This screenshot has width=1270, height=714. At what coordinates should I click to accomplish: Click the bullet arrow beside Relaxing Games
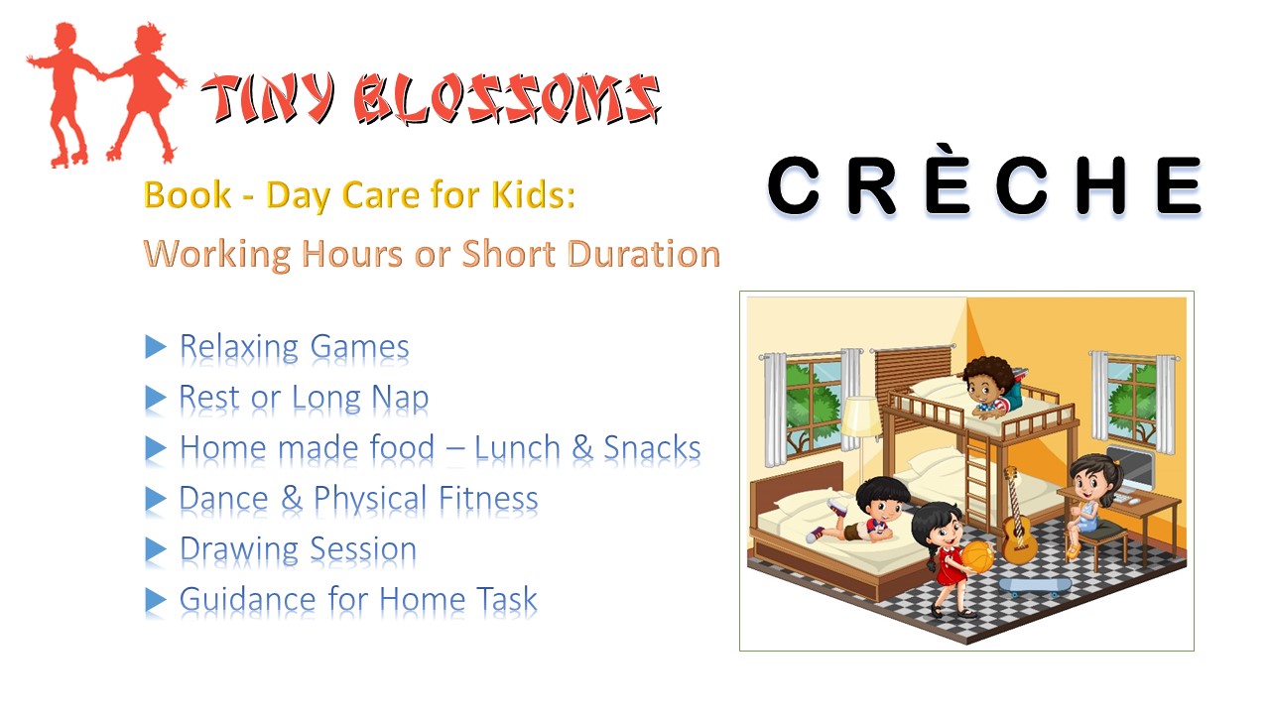(x=155, y=347)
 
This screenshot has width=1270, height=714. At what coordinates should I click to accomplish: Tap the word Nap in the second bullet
(x=399, y=398)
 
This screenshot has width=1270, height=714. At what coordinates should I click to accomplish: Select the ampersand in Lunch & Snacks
(x=581, y=448)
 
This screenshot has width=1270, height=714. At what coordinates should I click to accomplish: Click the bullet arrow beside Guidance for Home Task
(x=155, y=599)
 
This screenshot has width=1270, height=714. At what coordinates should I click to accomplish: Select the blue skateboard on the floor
(x=1036, y=585)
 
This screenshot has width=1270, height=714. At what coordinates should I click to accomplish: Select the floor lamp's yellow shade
(x=860, y=416)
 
